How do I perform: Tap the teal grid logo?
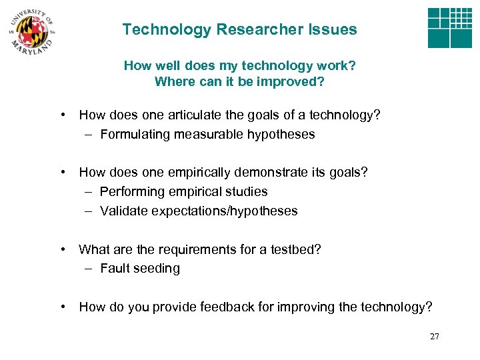[x=449, y=28]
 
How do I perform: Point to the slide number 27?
[x=435, y=337]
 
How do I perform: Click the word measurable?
[x=209, y=135]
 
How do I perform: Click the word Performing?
[x=131, y=192]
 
